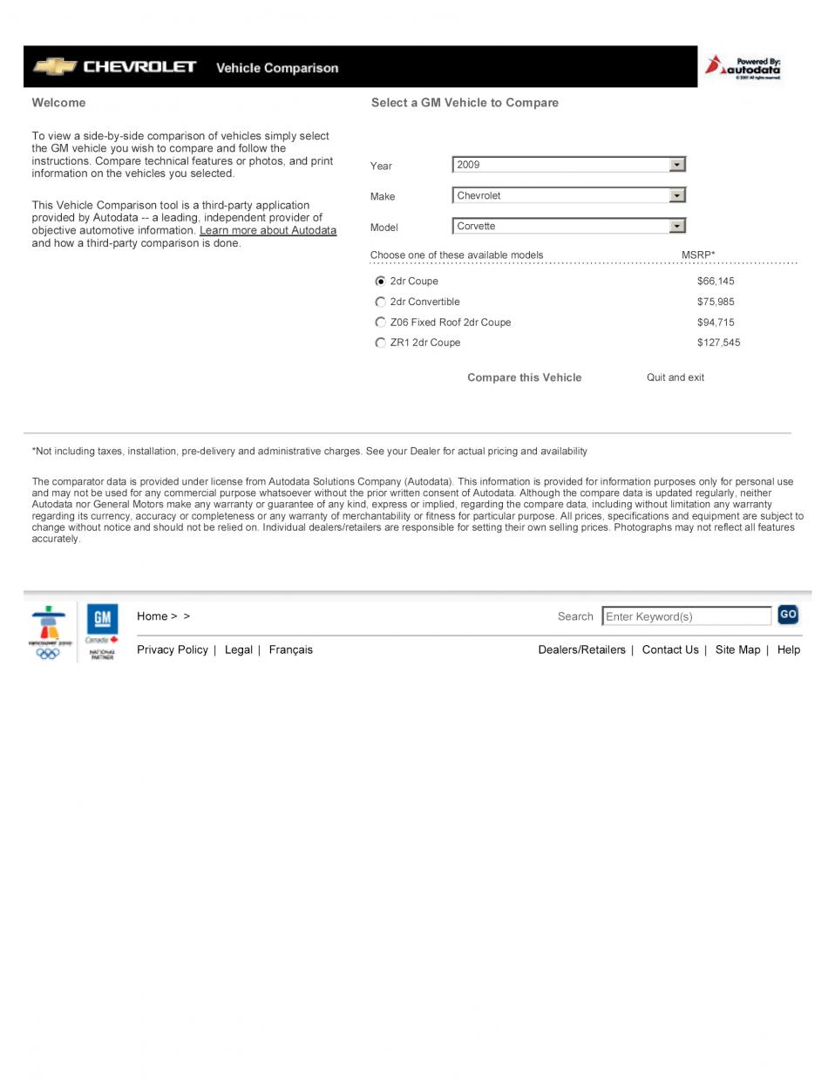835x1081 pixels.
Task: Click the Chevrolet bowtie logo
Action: (x=54, y=66)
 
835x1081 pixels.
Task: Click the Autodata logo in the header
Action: (x=744, y=66)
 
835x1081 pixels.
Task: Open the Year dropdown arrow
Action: (x=677, y=165)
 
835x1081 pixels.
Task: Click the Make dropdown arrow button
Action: (x=677, y=195)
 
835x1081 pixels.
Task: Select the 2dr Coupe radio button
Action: (x=380, y=282)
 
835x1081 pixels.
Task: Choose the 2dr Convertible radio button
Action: (x=380, y=302)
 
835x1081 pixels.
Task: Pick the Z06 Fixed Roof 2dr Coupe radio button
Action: (x=380, y=323)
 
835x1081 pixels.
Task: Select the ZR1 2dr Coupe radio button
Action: (x=380, y=343)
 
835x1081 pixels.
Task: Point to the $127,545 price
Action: (x=718, y=343)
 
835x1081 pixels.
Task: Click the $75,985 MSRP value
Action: (x=716, y=302)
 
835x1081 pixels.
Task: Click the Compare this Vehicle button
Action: (x=524, y=377)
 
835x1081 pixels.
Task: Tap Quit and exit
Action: (x=675, y=377)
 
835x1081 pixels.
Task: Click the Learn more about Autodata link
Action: (x=268, y=231)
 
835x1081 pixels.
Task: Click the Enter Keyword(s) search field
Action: (x=686, y=616)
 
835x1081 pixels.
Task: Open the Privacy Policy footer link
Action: (x=173, y=649)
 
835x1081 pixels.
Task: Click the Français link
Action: (x=290, y=649)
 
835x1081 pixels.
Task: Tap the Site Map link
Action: (x=737, y=649)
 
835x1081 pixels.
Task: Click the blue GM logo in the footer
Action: (x=102, y=619)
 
